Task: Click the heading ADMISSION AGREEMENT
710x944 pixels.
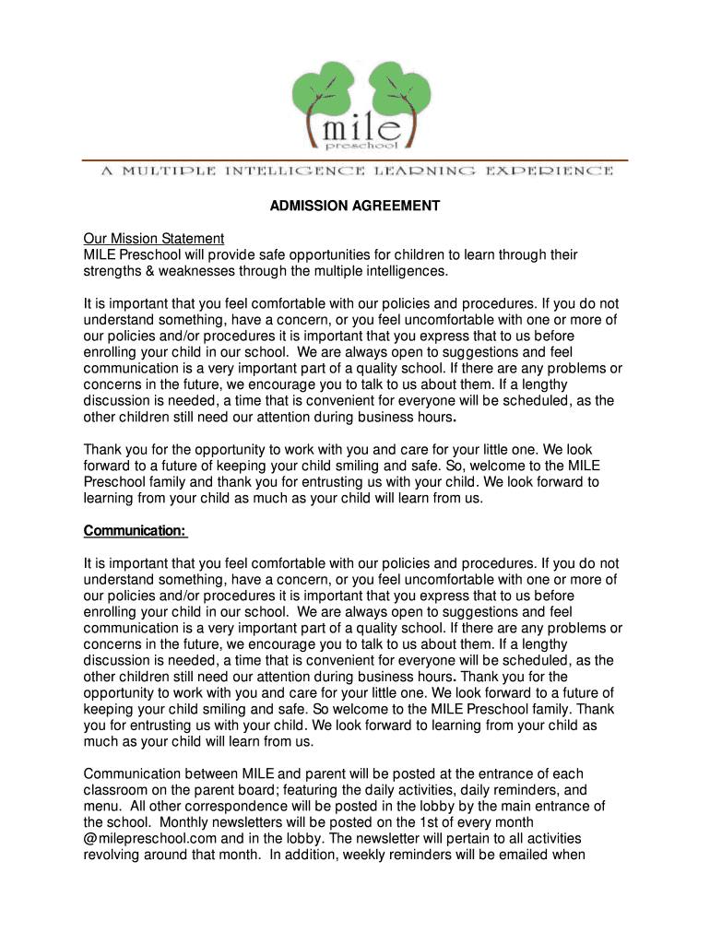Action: pyautogui.click(x=355, y=206)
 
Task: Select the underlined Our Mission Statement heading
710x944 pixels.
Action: pyautogui.click(x=154, y=239)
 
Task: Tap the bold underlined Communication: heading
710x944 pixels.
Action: pyautogui.click(x=136, y=530)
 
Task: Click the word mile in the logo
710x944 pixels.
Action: pyautogui.click(x=355, y=122)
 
